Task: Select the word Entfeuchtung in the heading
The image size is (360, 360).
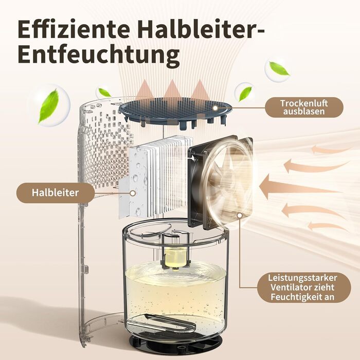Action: [99, 54]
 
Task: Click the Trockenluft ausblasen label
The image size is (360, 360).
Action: [304, 107]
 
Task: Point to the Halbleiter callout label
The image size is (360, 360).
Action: [56, 193]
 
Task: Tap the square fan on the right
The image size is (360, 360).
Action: [221, 182]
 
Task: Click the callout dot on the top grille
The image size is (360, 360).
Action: [215, 107]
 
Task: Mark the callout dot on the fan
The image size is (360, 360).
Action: [240, 215]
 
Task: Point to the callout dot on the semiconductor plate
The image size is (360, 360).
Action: [133, 193]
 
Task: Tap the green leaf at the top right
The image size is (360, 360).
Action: [279, 68]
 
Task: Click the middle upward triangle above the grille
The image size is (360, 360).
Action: [172, 88]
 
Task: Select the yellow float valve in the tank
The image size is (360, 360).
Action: [175, 257]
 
